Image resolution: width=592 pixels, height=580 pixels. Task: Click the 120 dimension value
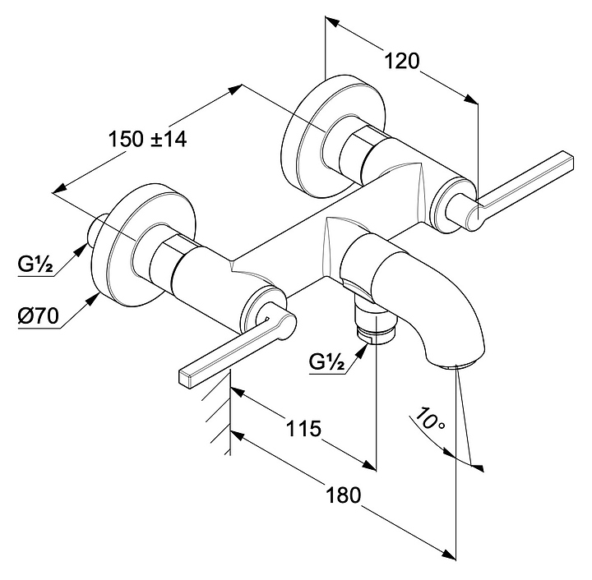click(402, 62)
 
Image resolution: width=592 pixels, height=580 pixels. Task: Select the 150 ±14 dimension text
click(148, 140)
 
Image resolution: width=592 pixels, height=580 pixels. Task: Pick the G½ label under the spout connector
click(326, 361)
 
